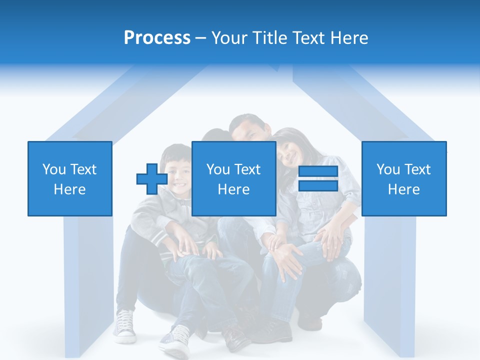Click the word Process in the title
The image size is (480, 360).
(x=157, y=38)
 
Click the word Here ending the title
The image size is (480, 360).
(x=348, y=38)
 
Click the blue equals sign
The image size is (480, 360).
(x=318, y=179)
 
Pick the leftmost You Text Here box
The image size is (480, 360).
(x=69, y=179)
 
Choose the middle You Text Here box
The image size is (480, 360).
(x=233, y=179)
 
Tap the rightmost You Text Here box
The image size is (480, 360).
(x=403, y=179)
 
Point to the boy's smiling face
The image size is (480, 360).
(x=180, y=172)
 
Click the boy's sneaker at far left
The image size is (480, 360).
(x=124, y=326)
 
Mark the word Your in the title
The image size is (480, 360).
(x=228, y=38)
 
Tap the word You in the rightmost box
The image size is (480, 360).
(x=388, y=169)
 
